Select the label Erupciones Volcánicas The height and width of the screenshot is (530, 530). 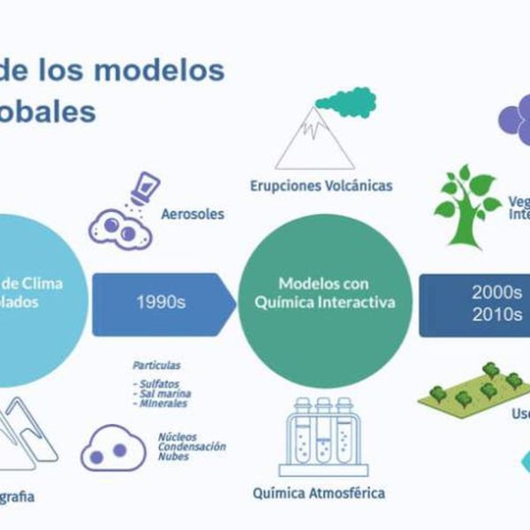(x=321, y=185)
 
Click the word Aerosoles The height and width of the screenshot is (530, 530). (x=193, y=214)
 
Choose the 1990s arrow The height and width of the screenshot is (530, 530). (x=162, y=301)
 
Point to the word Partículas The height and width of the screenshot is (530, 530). (x=156, y=364)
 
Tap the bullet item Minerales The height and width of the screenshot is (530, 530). (x=160, y=404)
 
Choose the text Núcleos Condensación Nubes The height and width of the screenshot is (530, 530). (x=191, y=445)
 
